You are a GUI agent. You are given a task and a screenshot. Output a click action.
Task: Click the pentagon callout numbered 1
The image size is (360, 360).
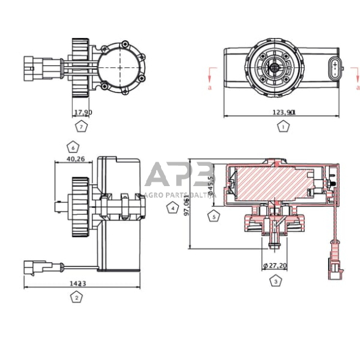[282, 127]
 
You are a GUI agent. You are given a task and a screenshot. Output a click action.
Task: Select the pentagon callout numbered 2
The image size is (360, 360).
[77, 298]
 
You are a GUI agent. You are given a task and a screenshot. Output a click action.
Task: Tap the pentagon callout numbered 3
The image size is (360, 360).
[276, 280]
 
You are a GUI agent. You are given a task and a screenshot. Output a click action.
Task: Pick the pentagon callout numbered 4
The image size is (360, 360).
[173, 208]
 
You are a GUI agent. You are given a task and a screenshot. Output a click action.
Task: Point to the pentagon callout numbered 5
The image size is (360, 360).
[213, 216]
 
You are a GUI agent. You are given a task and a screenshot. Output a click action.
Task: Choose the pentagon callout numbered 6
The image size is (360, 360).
[72, 148]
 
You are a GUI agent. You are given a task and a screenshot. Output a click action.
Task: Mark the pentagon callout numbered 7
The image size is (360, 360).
[81, 127]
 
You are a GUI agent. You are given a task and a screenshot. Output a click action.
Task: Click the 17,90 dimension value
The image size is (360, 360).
[83, 112]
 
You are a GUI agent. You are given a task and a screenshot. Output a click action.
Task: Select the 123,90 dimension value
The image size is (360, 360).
[283, 112]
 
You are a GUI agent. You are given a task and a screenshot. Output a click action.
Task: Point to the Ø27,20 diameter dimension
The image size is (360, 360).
[274, 266]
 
